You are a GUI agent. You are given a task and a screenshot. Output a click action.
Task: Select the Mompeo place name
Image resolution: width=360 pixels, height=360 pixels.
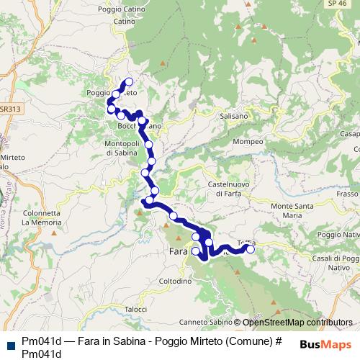tap(249, 141)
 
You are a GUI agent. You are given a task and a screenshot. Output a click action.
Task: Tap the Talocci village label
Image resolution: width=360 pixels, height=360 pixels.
tap(135, 309)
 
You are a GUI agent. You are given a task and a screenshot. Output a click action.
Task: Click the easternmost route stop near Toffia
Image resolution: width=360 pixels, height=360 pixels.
tap(251, 249)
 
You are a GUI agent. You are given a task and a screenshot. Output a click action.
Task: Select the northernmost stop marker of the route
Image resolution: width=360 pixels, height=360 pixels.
tap(130, 81)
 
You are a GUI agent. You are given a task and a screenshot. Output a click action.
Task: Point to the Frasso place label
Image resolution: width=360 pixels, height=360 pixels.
tap(346, 194)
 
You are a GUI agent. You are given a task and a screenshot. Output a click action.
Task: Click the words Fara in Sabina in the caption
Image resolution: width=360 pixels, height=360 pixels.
tap(98, 342)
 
